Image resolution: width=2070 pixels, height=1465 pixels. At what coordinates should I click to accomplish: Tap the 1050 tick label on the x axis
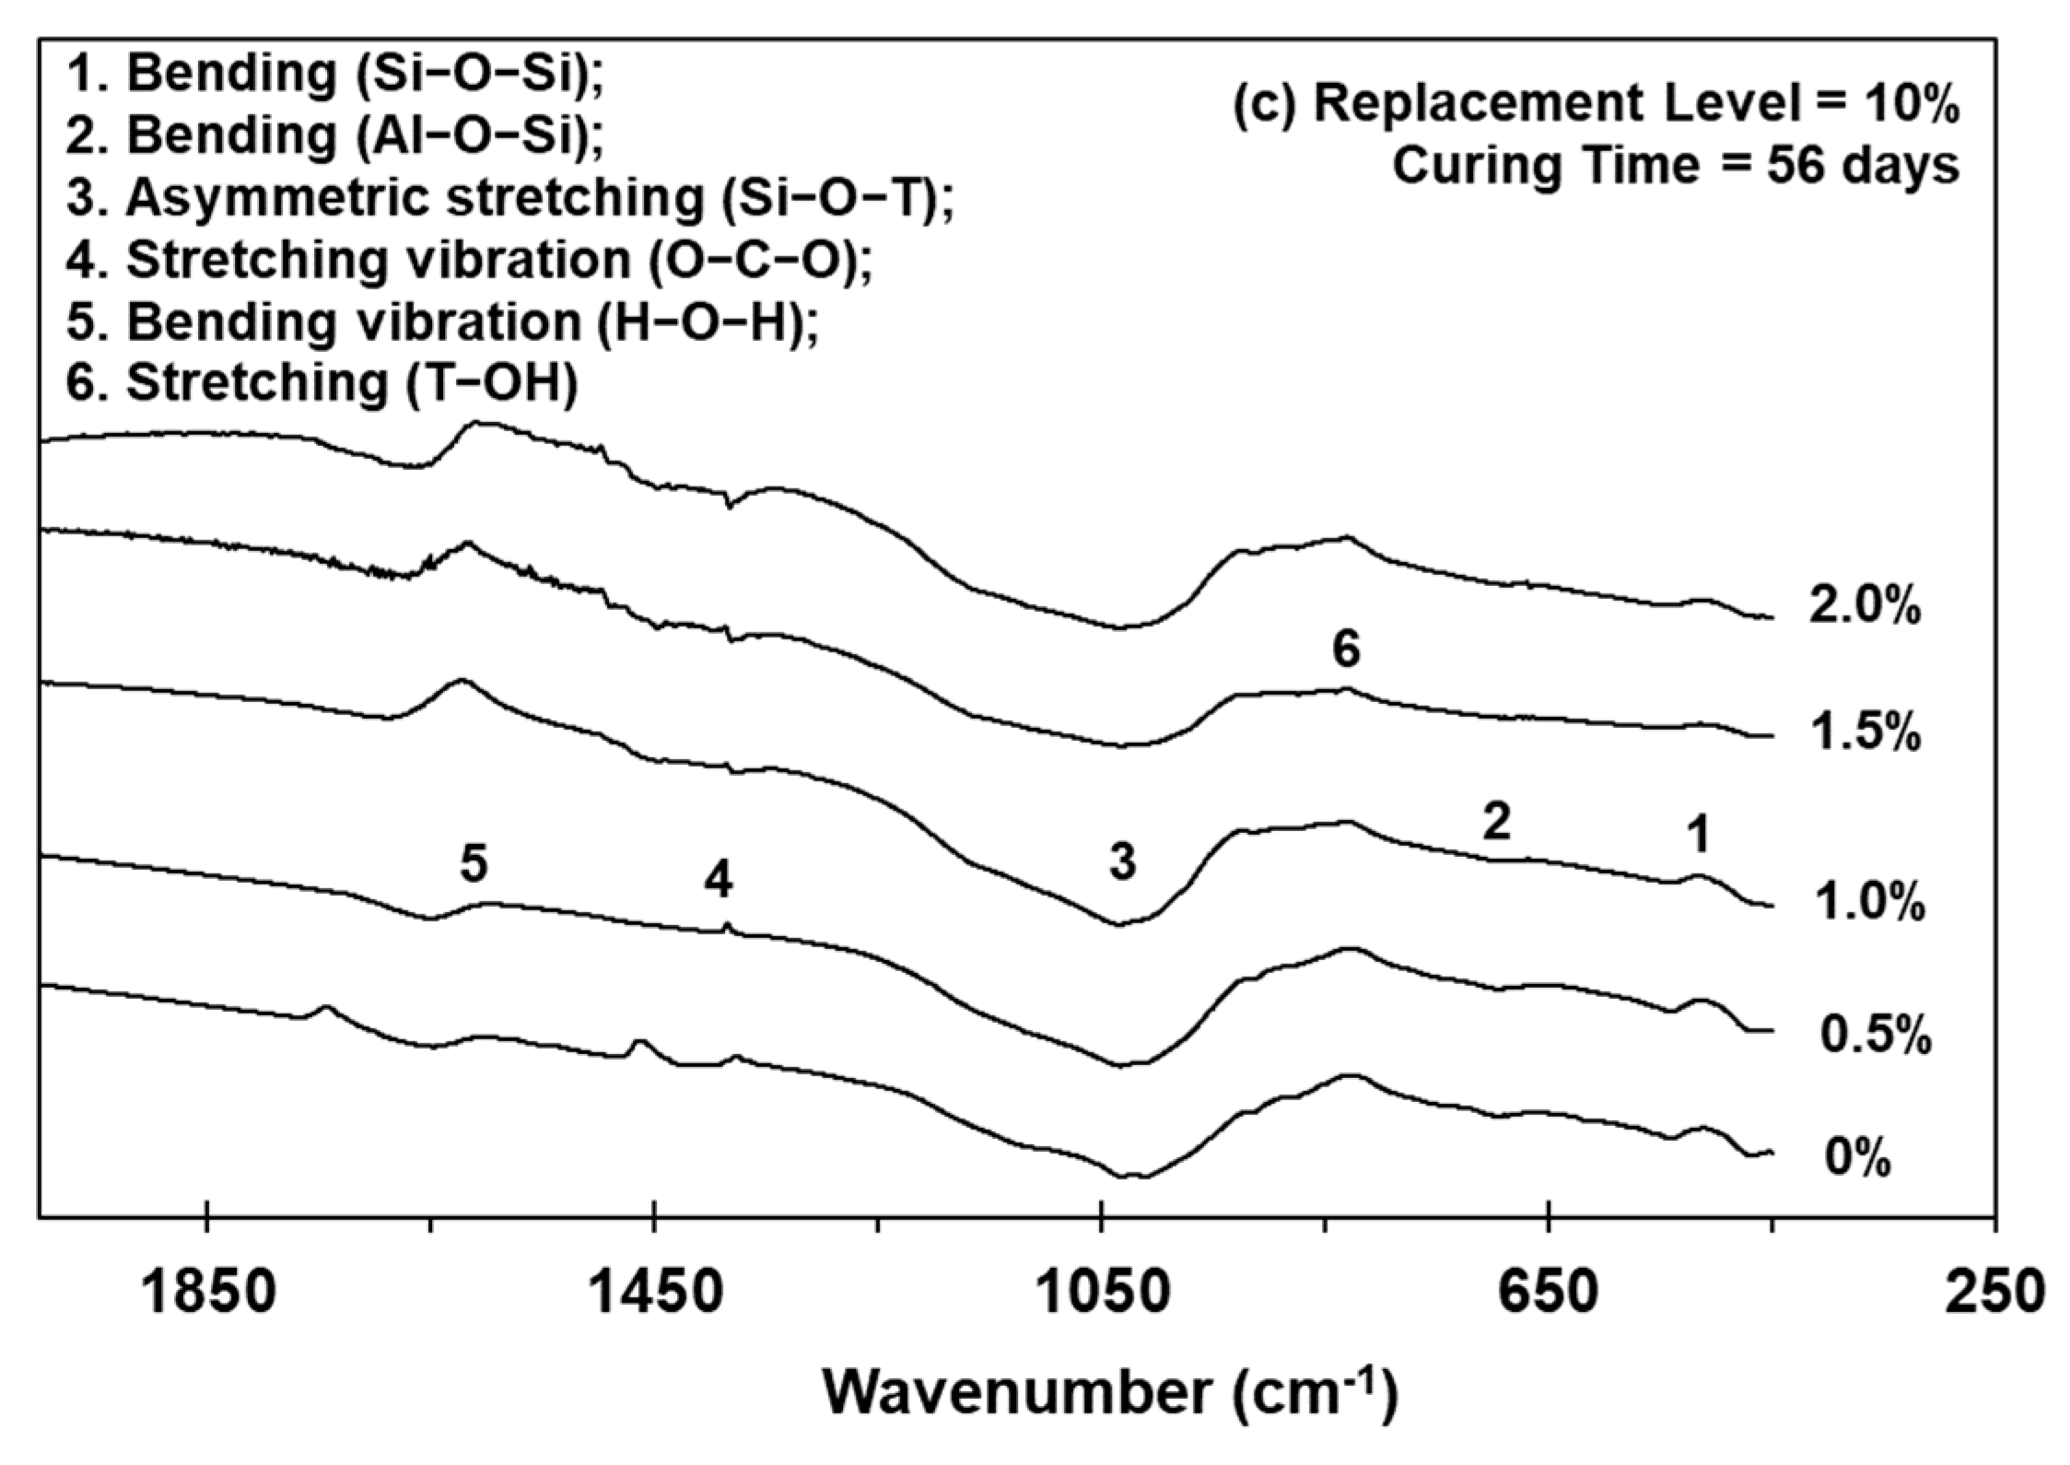[1100, 1294]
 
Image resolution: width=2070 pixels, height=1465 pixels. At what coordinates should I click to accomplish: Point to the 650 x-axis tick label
[1548, 1294]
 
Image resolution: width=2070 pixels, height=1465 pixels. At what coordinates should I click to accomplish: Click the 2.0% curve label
[1865, 607]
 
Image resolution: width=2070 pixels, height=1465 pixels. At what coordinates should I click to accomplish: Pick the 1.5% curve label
[1865, 734]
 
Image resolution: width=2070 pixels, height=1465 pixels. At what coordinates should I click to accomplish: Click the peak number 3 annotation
[1121, 862]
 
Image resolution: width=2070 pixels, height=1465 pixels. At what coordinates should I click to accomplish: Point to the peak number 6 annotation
[1346, 650]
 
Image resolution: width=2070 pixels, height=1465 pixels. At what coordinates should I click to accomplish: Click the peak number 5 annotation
[474, 864]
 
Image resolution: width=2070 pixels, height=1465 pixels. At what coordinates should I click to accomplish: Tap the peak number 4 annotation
[719, 881]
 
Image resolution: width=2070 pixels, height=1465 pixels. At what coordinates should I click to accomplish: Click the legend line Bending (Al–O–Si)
[335, 135]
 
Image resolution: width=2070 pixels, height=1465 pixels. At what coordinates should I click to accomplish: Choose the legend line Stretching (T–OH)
[322, 383]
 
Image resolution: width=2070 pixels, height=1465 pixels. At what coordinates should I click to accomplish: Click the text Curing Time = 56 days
[1675, 167]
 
